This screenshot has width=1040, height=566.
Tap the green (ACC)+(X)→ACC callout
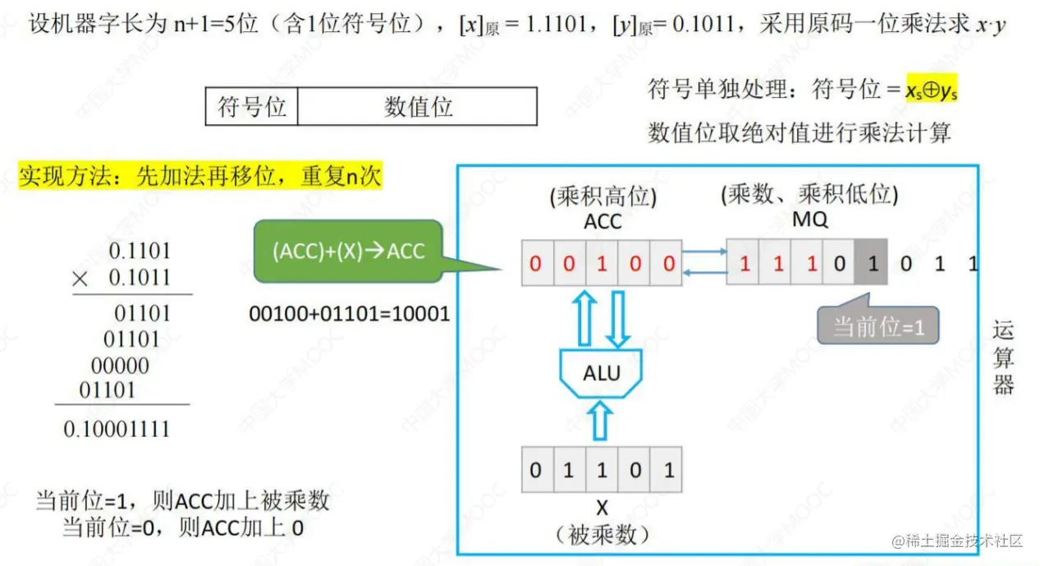(349, 251)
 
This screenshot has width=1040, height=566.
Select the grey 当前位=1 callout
(878, 326)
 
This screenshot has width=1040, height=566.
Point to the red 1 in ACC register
(602, 264)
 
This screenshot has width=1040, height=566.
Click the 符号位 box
(251, 107)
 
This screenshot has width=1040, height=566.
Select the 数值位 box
(418, 107)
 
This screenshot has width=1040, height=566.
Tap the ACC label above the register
(602, 221)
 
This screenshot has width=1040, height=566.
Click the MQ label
(809, 220)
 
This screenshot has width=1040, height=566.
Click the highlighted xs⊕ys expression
(931, 90)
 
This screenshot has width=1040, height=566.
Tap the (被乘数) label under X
(602, 535)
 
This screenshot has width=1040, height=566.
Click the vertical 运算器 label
(1003, 357)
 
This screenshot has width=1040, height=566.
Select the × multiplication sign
(80, 278)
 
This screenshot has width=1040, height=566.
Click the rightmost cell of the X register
(668, 470)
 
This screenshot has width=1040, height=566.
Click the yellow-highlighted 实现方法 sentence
(200, 176)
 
